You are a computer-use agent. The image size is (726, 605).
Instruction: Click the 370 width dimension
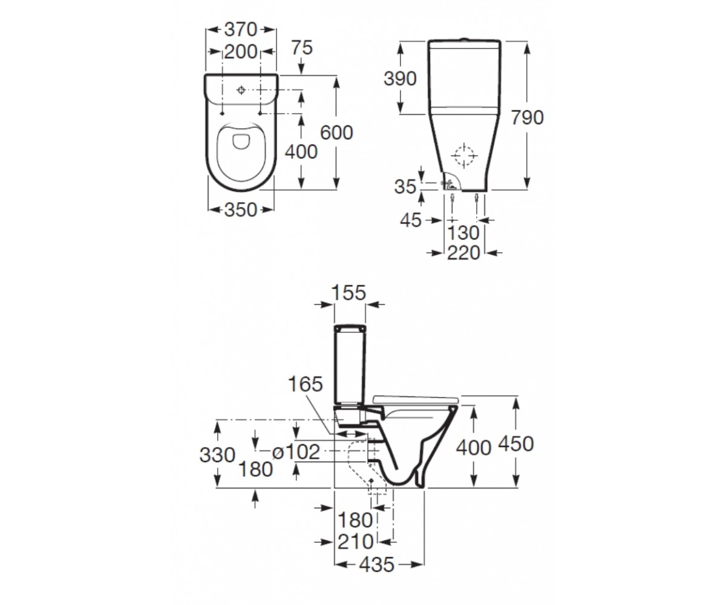tap(241, 30)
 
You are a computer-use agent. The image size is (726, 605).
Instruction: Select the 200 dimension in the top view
tap(241, 52)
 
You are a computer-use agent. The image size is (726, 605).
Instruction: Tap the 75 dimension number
tap(302, 48)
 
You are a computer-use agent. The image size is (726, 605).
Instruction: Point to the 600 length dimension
tap(336, 132)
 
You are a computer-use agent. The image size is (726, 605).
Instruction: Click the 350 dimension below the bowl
tap(241, 210)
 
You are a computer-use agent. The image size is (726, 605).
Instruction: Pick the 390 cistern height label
tap(400, 79)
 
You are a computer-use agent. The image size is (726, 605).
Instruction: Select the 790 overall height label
tap(527, 117)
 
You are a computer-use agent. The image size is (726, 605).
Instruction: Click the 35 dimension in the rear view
tap(405, 187)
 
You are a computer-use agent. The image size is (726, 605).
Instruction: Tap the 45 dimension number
tap(411, 220)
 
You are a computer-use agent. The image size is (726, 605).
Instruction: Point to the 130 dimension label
tap(463, 232)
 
